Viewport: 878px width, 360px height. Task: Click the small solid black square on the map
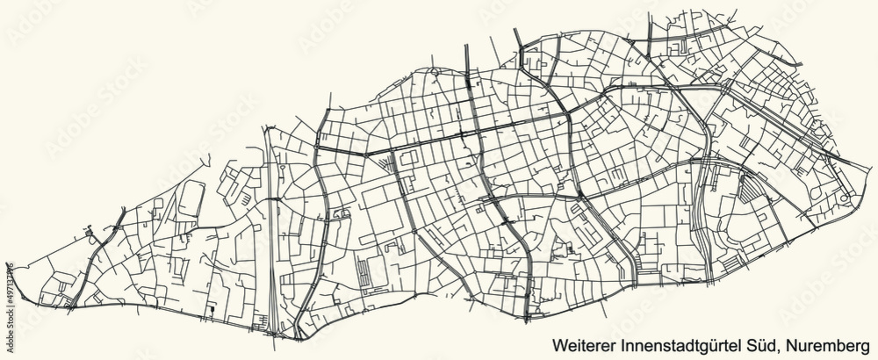[212, 308]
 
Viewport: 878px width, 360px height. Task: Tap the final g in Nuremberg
[867, 342]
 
